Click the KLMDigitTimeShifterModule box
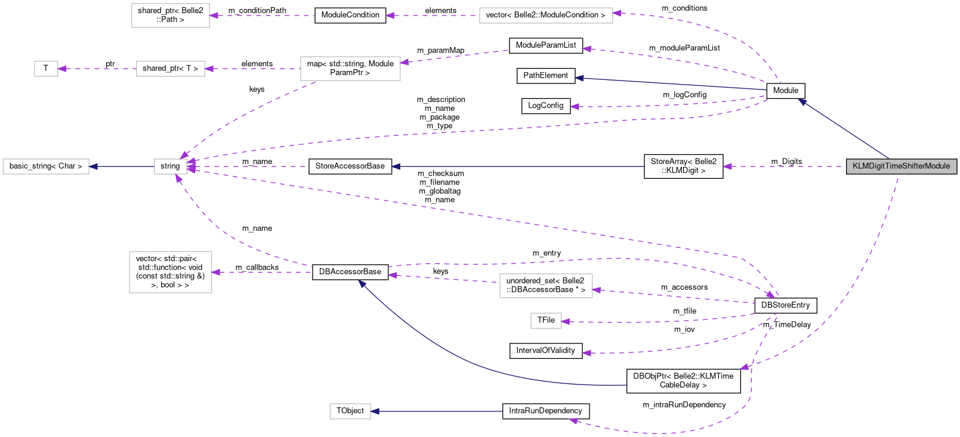[x=901, y=166]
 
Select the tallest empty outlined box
[x=171, y=272]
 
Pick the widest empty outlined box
[x=546, y=16]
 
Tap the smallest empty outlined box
[x=46, y=69]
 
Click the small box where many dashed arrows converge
[x=171, y=166]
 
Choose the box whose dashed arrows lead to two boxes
[x=350, y=69]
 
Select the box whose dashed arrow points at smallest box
[x=171, y=69]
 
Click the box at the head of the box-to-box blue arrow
[x=46, y=166]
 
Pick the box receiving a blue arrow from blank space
[x=350, y=411]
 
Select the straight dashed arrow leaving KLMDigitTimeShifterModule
[x=788, y=166]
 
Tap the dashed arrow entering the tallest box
[x=263, y=272]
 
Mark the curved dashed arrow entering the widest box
[x=716, y=30]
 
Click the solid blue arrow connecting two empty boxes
[x=122, y=166]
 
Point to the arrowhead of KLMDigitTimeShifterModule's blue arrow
[x=802, y=102]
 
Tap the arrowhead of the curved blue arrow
[x=361, y=283]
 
